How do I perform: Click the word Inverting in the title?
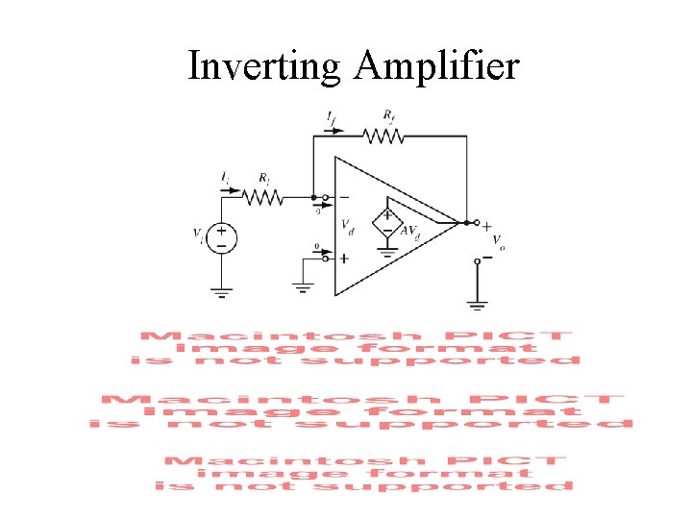[x=264, y=66]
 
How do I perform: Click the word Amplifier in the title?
[x=437, y=66]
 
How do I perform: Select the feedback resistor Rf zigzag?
[x=385, y=136]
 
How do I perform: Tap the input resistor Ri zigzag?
[x=261, y=197]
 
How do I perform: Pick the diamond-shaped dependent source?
[x=387, y=223]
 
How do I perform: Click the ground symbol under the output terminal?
[x=478, y=306]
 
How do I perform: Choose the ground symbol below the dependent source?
[x=387, y=254]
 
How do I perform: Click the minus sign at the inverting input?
[x=344, y=198]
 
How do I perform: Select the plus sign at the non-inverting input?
[x=344, y=259]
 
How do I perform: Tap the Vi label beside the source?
[x=198, y=235]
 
